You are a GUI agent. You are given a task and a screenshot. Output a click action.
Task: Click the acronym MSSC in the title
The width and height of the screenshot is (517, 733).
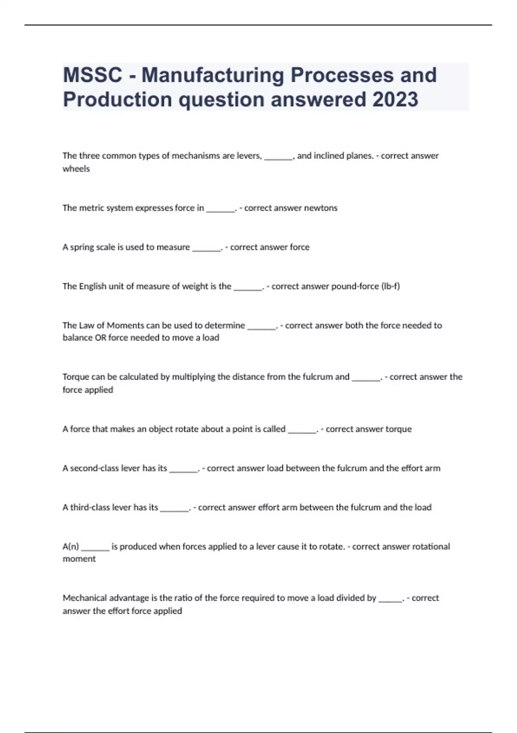[93, 75]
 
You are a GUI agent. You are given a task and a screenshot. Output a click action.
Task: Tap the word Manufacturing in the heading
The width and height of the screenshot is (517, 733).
[213, 75]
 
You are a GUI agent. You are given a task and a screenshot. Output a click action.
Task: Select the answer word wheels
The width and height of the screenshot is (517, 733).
[76, 169]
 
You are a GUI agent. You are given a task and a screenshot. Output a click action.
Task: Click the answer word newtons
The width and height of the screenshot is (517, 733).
[321, 208]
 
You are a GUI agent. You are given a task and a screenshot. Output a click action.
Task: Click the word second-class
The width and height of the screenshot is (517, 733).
[94, 468]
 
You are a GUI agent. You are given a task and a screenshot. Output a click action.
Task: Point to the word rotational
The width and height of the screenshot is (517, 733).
[431, 547]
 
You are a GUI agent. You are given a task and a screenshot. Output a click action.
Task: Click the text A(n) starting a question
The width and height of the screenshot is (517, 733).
[71, 547]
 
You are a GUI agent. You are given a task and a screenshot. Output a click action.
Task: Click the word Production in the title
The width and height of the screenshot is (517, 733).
[117, 100]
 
